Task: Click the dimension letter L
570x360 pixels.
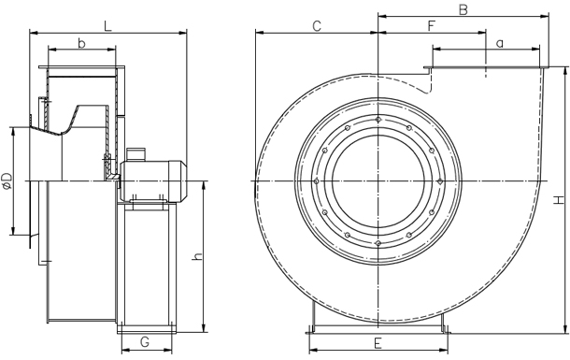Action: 108,26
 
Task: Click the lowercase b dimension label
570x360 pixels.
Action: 82,43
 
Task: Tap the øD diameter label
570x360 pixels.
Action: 7,181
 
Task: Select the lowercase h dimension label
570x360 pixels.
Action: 197,255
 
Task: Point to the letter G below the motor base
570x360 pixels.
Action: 145,342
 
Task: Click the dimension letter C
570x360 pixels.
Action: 317,26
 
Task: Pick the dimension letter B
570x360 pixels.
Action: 463,9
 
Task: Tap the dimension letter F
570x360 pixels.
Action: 432,26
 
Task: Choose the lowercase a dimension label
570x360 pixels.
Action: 500,44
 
